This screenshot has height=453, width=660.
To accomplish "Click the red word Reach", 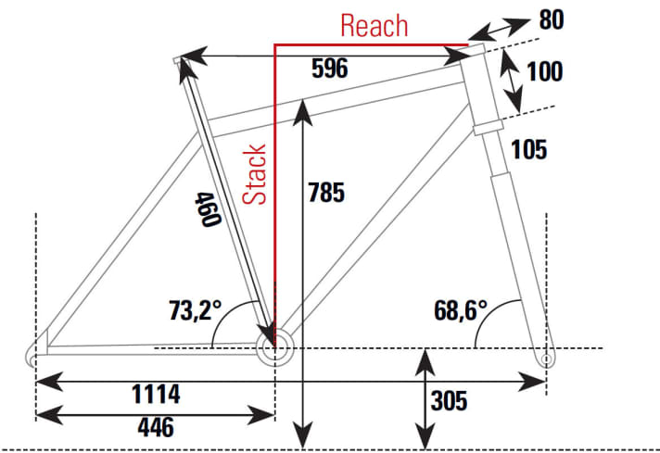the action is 374,26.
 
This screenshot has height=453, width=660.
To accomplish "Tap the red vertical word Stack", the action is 255,174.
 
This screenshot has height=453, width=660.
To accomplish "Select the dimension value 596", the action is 330,69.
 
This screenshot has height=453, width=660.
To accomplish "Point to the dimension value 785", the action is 326,192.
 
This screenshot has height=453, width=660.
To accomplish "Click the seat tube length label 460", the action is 208,209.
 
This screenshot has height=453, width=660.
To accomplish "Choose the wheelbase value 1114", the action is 156,394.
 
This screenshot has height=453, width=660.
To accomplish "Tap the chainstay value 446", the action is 156,427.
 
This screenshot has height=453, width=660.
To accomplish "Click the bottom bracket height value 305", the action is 449,401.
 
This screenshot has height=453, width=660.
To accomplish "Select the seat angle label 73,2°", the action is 195,310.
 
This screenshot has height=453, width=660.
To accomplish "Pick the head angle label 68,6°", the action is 461,310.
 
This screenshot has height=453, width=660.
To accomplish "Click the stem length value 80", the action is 552,19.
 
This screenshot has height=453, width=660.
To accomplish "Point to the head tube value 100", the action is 545,71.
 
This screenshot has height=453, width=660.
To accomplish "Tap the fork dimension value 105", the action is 529,149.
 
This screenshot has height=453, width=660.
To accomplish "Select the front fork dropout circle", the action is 546,359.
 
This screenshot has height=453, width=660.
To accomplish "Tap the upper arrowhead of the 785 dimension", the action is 302,112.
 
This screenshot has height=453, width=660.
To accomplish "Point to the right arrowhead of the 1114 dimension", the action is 532,382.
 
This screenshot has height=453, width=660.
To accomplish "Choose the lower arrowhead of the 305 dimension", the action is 425,436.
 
